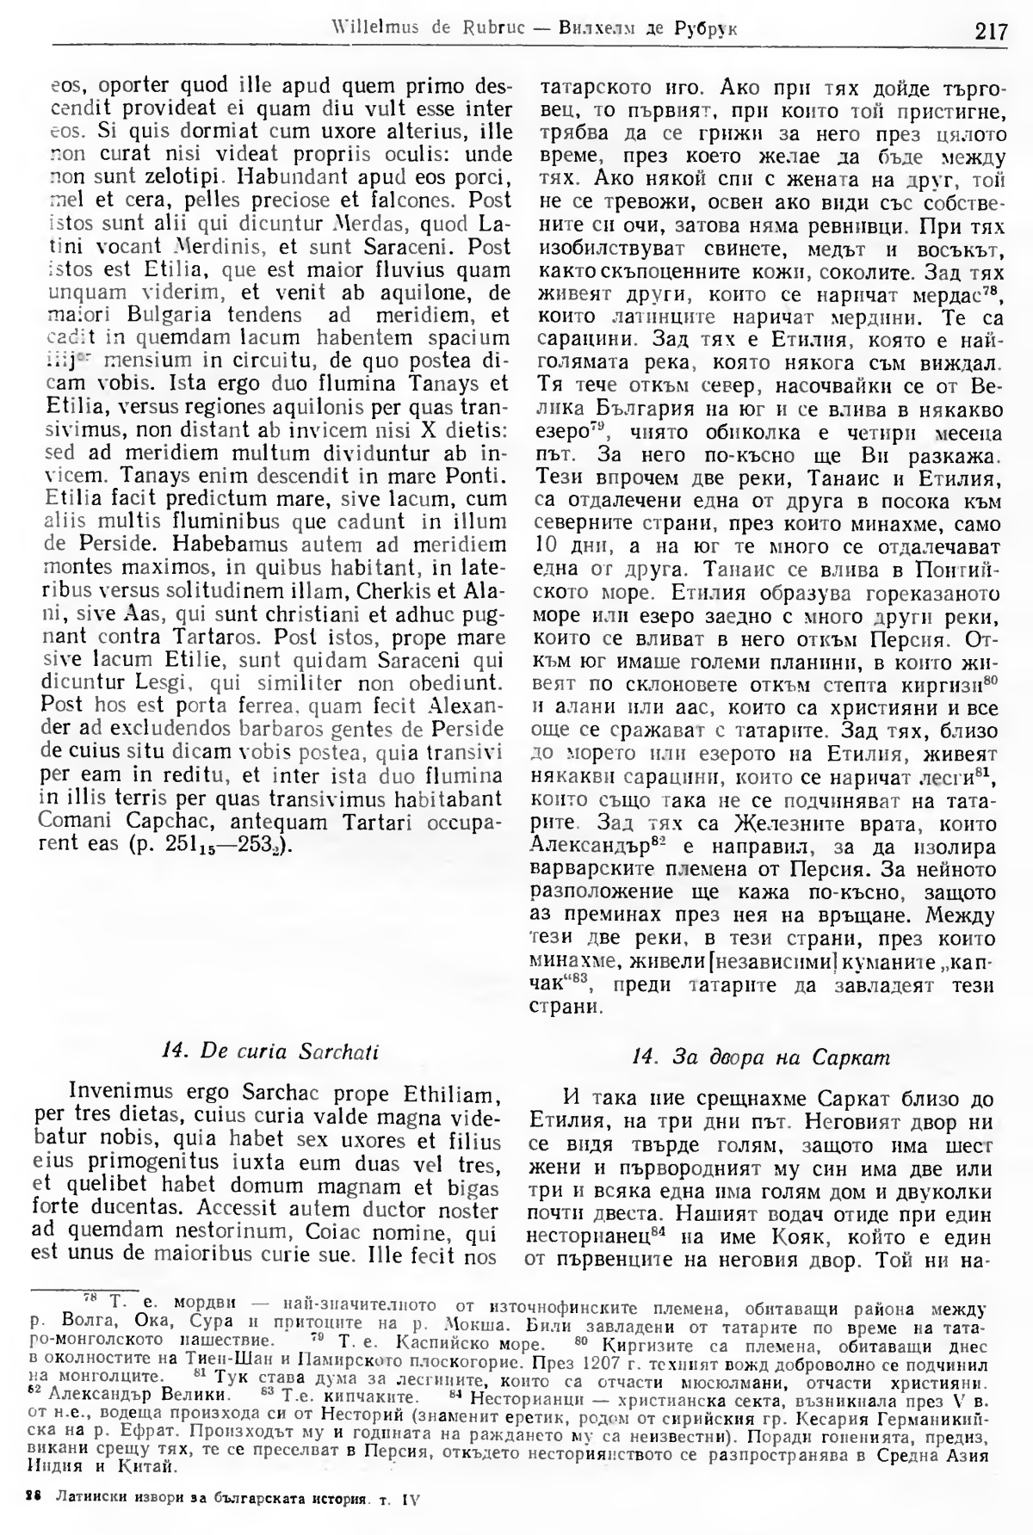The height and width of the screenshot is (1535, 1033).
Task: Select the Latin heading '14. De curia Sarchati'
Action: point(270,1051)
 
